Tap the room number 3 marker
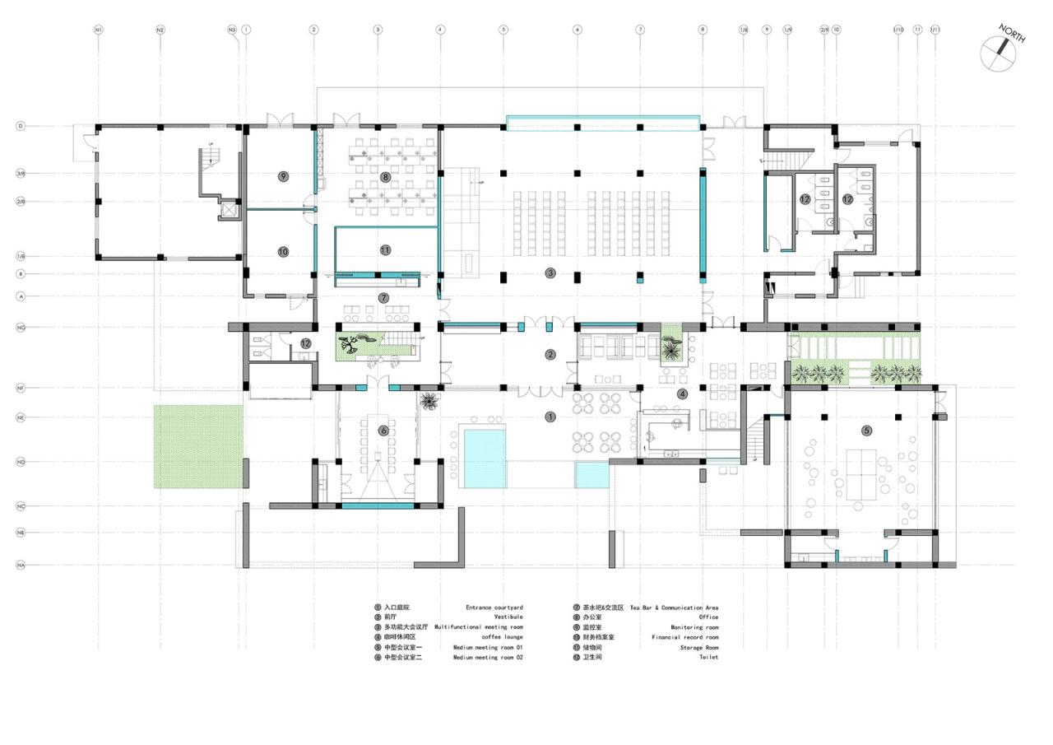[x=550, y=272]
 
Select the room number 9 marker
[x=283, y=176]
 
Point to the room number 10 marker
[x=283, y=252]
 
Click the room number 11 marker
[x=385, y=249]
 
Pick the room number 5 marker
[x=866, y=431]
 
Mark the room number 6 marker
[x=383, y=431]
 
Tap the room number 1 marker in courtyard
[x=550, y=417]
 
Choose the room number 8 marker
[x=385, y=177]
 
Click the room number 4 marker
[x=682, y=393]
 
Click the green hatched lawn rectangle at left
[x=198, y=445]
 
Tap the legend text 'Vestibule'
[x=508, y=617]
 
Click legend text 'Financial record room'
[x=684, y=637]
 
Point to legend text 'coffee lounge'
[x=502, y=637]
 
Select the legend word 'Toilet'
[x=708, y=658]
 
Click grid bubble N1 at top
[x=98, y=30]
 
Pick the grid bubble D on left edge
[x=20, y=126]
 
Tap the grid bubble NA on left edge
[x=20, y=565]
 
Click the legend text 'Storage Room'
[x=698, y=648]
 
